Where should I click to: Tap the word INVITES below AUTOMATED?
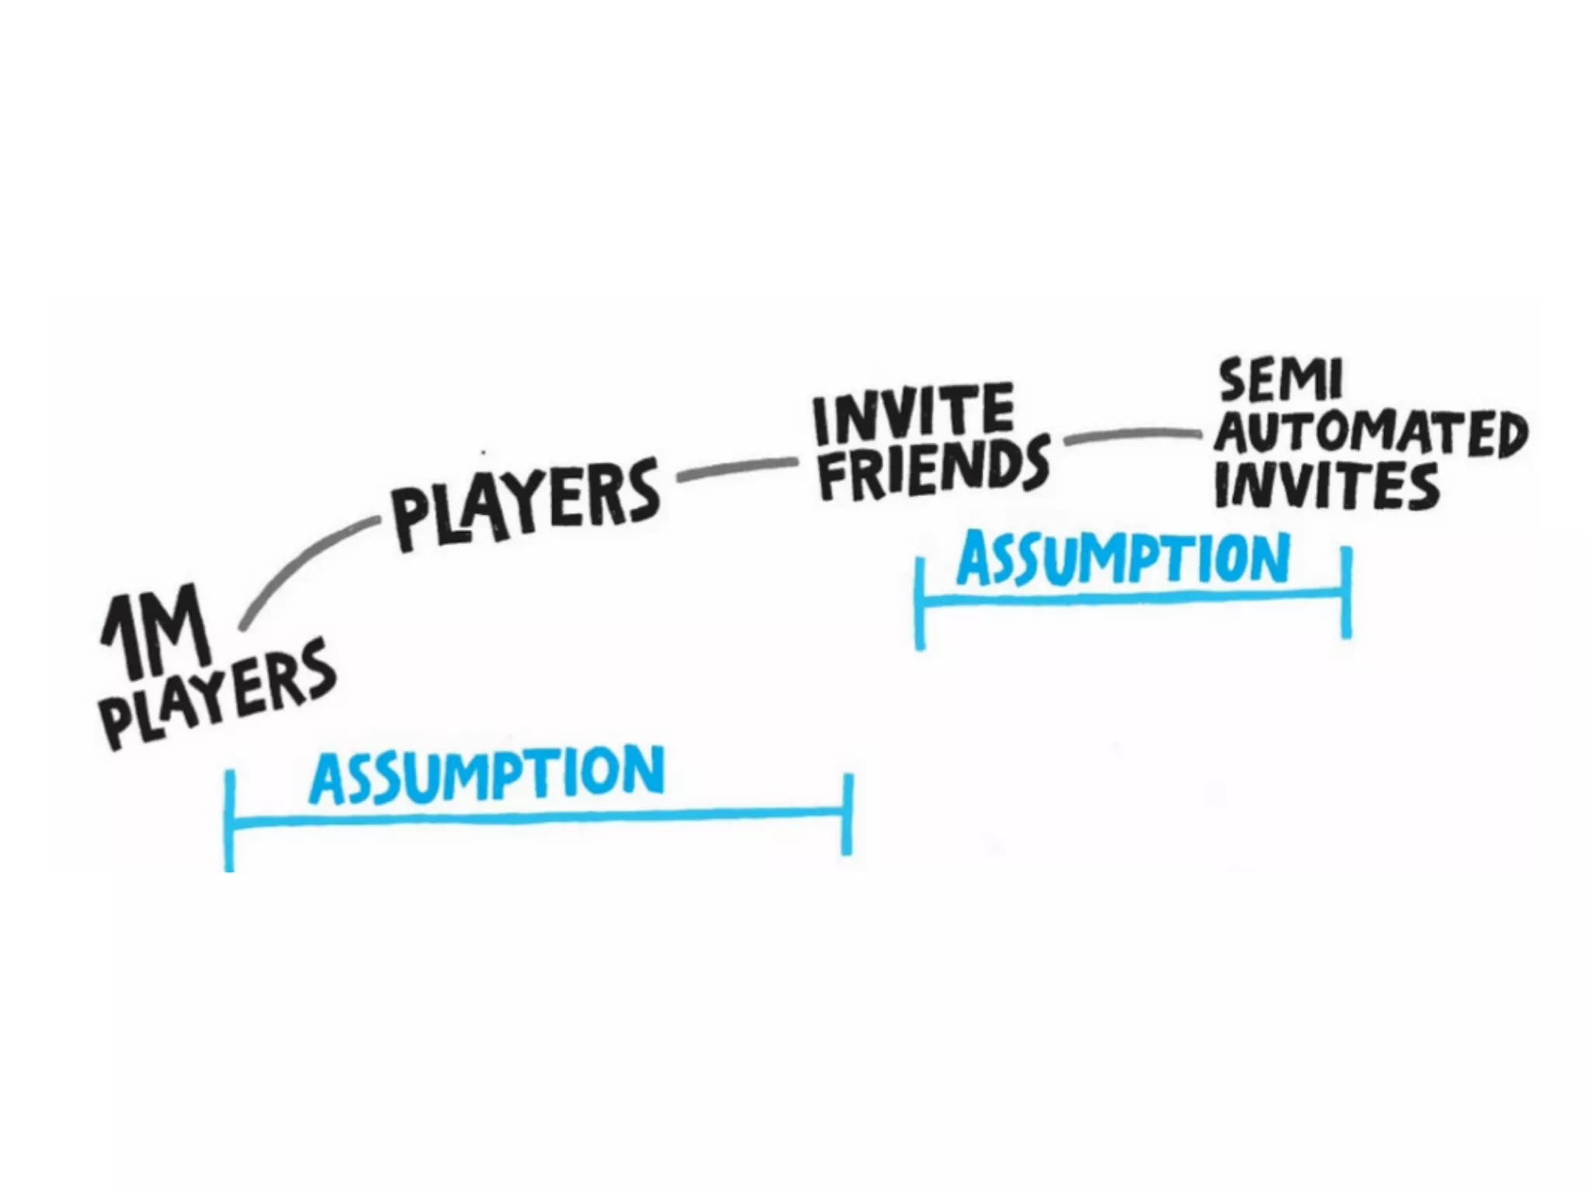click(x=1327, y=486)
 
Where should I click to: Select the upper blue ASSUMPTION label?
click(x=1123, y=559)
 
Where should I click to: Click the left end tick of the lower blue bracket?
click(x=230, y=819)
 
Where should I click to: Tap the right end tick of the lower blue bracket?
click(x=848, y=813)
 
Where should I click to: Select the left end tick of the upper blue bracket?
click(x=920, y=601)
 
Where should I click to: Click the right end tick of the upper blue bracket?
click(x=1346, y=591)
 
